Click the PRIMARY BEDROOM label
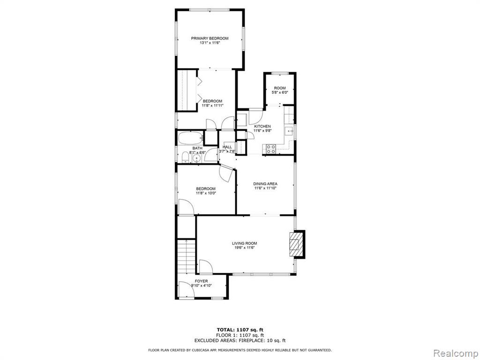coord(210,38)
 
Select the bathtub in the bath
coord(190,138)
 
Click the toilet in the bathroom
coord(185,157)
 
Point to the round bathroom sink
coord(196,158)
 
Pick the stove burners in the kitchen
coord(271,149)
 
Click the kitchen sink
coord(289,131)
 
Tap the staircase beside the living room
coord(187,256)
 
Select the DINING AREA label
coord(265,184)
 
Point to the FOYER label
coord(201,281)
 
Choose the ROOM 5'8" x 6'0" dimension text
coord(279,92)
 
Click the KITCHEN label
coord(262,126)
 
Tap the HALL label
coord(227,147)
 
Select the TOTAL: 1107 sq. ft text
coord(240,330)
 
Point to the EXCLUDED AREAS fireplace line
coord(240,340)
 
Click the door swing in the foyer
coord(186,289)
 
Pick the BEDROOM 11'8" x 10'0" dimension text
coord(206,193)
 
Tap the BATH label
coord(197,148)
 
